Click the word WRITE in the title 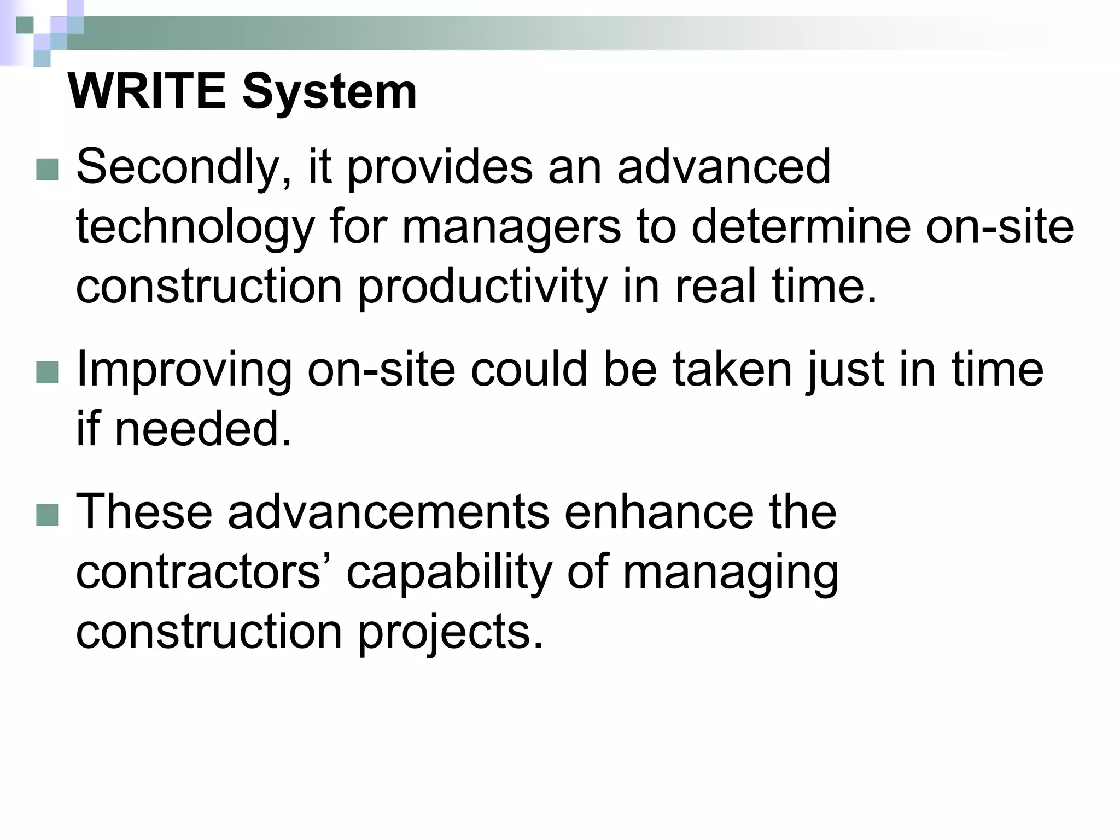[147, 91]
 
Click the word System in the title [329, 91]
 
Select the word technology [195, 229]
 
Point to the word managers [511, 229]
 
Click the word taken [732, 369]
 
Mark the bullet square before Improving [47, 373]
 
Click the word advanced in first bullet [724, 167]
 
